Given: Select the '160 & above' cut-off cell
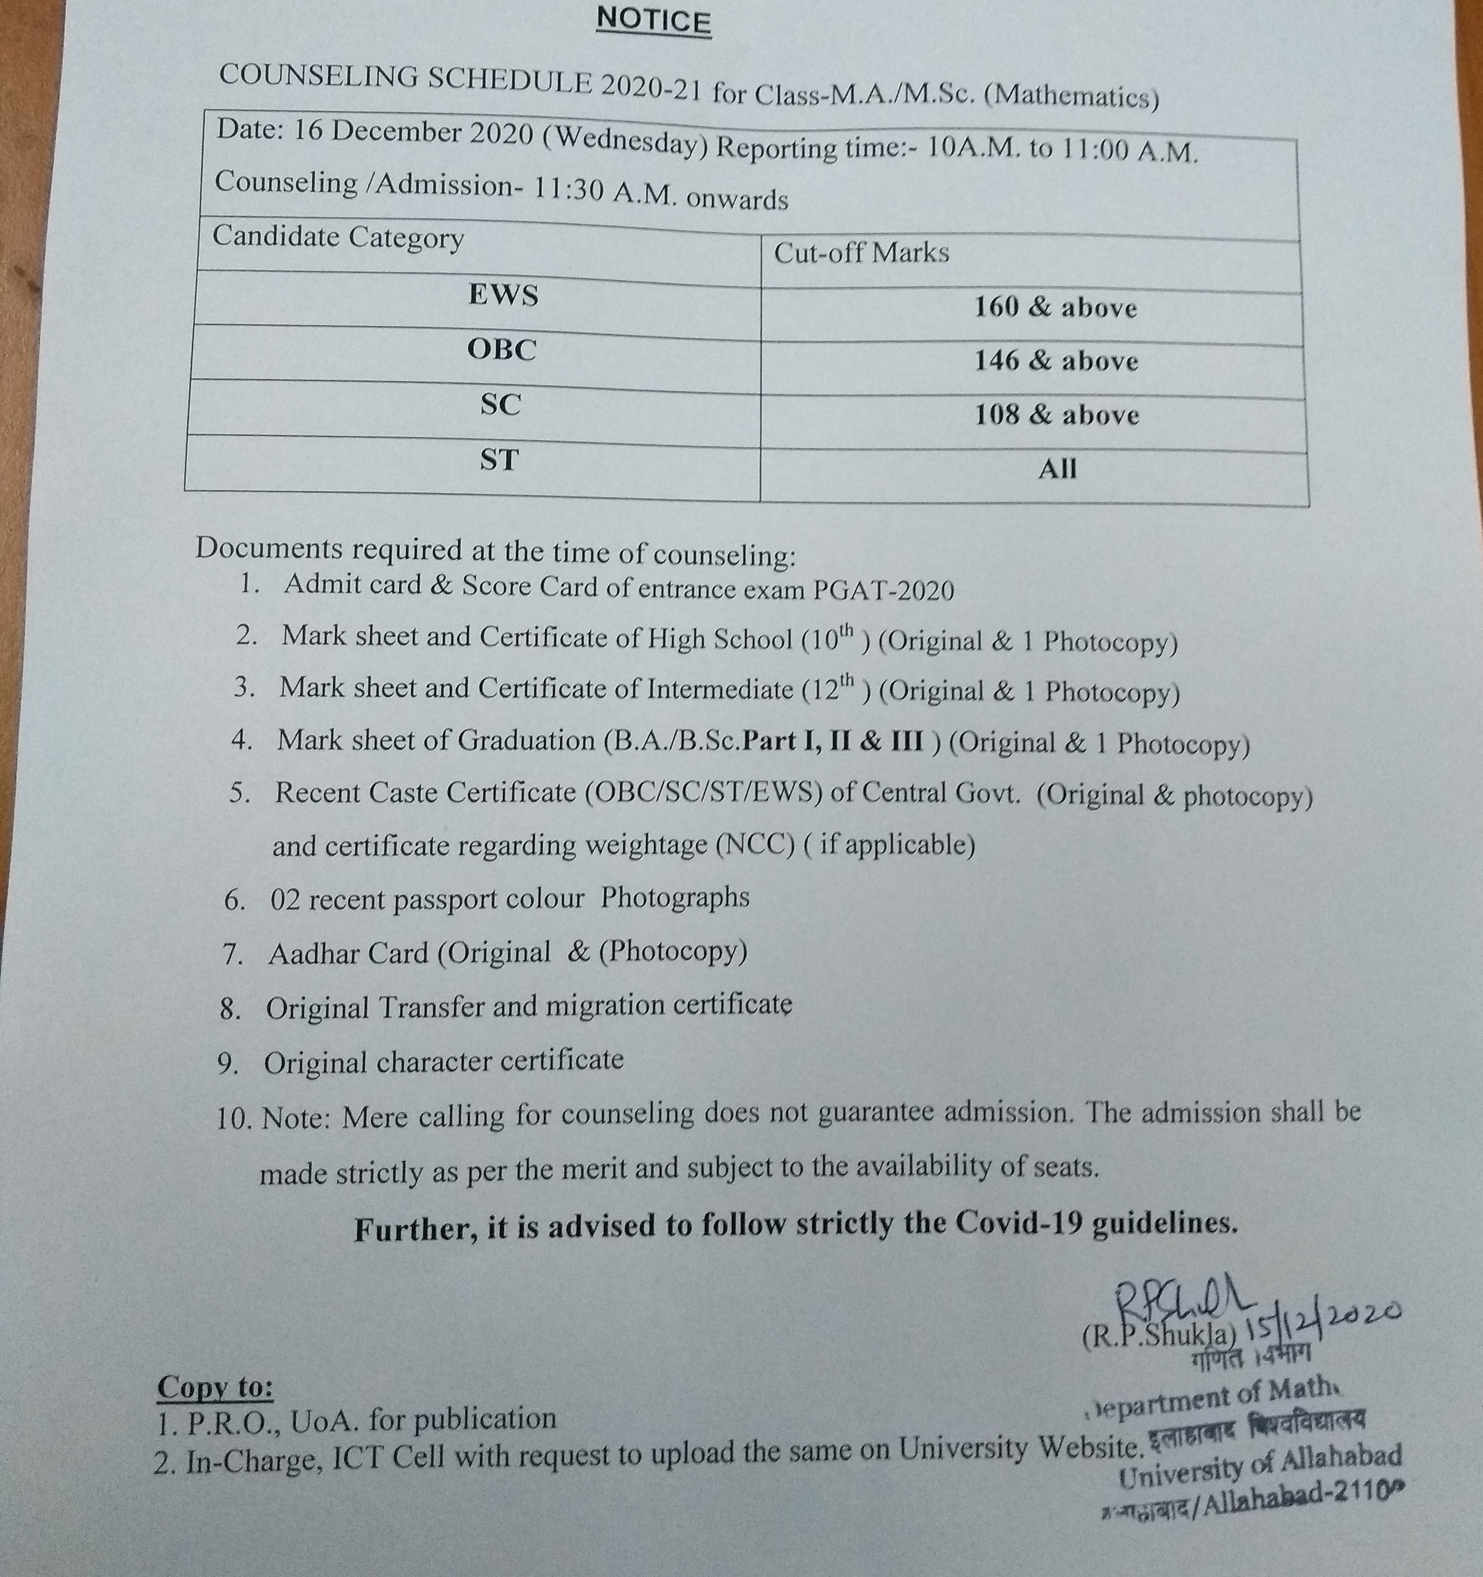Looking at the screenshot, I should (1056, 308).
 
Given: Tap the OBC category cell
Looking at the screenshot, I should (501, 350).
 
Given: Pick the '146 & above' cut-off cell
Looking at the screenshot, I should (1056, 362).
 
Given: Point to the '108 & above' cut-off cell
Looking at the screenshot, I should (1056, 415).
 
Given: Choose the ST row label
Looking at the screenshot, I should (499, 460).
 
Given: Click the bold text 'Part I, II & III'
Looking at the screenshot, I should (833, 741).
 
